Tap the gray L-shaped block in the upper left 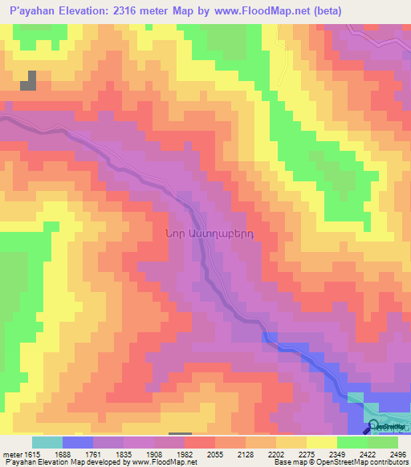[30, 82]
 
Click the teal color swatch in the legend [47, 442]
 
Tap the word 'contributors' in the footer [388, 463]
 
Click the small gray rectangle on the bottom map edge [180, 435]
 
